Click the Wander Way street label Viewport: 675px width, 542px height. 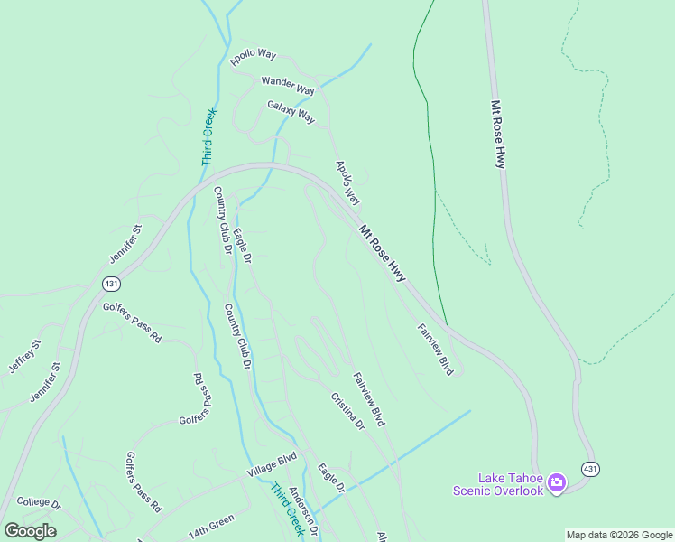288,86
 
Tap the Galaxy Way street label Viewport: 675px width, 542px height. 291,112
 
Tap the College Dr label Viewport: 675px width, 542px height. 38,502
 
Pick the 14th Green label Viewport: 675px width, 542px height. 211,525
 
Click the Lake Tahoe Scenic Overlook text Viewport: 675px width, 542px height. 498,483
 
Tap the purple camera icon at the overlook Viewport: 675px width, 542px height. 556,482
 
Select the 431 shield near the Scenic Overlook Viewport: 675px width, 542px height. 590,469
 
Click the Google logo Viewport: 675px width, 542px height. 30,531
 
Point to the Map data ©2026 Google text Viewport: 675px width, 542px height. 619,535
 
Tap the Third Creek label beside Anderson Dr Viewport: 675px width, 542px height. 287,509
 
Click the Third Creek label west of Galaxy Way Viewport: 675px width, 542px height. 209,136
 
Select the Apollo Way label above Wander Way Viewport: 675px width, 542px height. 253,55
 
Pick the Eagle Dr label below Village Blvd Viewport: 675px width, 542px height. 331,478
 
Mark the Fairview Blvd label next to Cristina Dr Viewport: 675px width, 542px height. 369,399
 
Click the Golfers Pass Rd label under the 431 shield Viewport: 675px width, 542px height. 132,322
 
